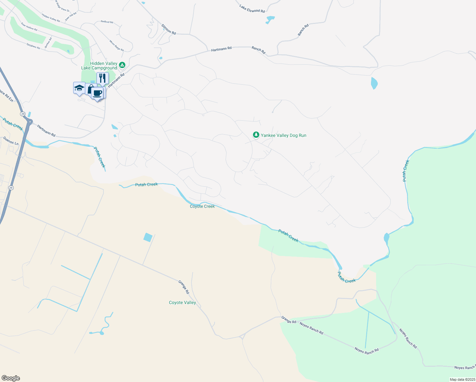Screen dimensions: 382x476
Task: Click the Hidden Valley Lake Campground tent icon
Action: (x=122, y=66)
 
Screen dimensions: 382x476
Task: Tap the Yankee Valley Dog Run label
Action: (x=283, y=136)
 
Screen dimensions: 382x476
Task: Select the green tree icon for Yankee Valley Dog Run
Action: (x=256, y=135)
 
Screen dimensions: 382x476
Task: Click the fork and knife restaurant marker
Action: (x=102, y=78)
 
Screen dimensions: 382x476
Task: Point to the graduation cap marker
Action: (x=79, y=88)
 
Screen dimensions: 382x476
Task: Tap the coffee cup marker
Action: (x=97, y=93)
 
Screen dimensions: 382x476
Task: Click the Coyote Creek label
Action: (x=202, y=207)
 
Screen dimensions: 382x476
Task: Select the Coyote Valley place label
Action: (x=182, y=303)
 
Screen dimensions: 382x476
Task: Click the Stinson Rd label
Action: (x=169, y=29)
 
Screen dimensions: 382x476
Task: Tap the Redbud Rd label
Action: (x=107, y=22)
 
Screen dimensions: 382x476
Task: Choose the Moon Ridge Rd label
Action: (x=116, y=46)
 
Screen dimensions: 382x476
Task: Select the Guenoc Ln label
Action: (x=11, y=141)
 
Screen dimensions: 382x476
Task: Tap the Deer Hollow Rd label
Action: (x=29, y=27)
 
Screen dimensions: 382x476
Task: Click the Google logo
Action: (x=10, y=378)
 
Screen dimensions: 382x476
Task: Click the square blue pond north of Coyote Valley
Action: (x=148, y=237)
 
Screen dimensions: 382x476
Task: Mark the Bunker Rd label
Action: (x=48, y=43)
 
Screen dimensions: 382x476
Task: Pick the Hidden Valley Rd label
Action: (x=51, y=18)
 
